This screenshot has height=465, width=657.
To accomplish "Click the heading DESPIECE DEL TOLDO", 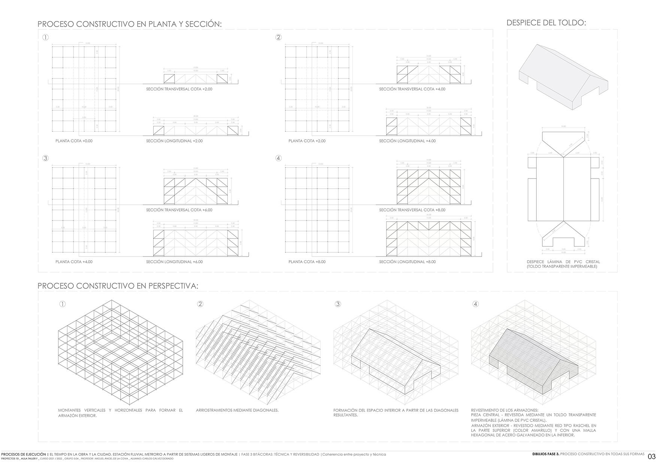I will [546, 22].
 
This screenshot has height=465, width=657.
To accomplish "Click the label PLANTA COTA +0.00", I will [74, 141].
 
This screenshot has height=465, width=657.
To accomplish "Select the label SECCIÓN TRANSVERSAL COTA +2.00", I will [179, 89].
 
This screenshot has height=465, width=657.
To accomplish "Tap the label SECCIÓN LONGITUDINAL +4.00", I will [407, 141].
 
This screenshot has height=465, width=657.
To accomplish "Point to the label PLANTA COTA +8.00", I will [307, 262].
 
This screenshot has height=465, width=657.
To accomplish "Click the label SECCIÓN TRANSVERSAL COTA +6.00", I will [179, 210].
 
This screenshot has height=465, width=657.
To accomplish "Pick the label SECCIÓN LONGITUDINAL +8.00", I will [407, 262].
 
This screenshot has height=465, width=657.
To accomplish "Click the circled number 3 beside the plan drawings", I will [46, 158].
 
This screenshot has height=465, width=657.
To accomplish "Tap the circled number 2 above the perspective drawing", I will [200, 304].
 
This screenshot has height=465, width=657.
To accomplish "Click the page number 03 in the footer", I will [652, 456].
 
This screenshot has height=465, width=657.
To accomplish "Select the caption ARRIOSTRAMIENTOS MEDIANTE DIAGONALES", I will [237, 410].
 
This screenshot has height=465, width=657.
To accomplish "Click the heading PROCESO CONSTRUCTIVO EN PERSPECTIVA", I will [118, 286].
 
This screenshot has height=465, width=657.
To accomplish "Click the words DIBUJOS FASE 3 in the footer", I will [546, 454].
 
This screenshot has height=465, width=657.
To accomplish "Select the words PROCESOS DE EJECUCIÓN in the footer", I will [24, 454].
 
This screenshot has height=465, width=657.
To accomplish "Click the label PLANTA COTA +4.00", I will [74, 262].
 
